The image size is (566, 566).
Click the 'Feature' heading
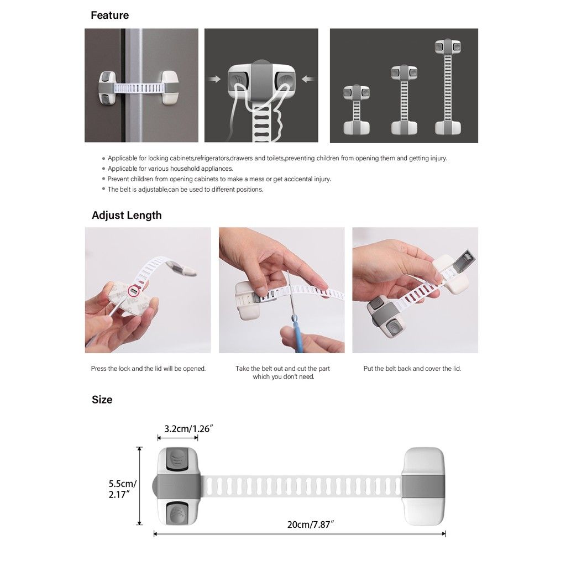click(x=109, y=15)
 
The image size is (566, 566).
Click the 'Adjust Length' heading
click(x=127, y=216)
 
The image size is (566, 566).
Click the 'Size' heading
click(x=102, y=400)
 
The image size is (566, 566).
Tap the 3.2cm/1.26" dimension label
click(x=189, y=428)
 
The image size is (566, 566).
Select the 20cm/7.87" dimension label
click(x=310, y=524)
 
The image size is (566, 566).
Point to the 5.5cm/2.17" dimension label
click(x=122, y=489)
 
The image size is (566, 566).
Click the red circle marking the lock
click(x=133, y=290)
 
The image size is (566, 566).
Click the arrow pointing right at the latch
click(x=214, y=80)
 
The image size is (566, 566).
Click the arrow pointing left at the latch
click(x=308, y=80)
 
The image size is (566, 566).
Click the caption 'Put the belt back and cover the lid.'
click(x=412, y=369)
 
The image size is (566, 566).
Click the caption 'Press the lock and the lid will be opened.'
click(x=148, y=369)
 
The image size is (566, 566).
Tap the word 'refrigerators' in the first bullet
click(x=212, y=158)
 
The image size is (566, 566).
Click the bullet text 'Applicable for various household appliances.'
click(x=170, y=169)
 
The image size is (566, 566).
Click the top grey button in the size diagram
click(x=177, y=459)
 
